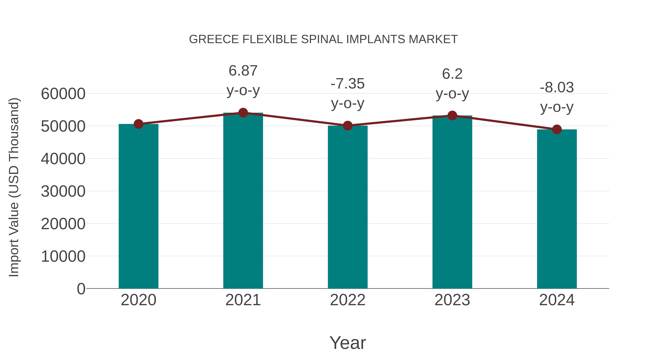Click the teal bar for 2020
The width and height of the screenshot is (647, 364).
click(138, 206)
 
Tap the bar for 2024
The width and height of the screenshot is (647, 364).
click(557, 209)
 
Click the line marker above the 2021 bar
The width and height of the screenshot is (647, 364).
click(243, 113)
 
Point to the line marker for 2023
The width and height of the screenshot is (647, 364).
click(452, 116)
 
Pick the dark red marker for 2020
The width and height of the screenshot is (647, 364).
click(138, 124)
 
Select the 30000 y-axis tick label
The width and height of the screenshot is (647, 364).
click(63, 191)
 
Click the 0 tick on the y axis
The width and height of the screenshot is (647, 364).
click(81, 289)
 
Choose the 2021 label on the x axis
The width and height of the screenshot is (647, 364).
click(243, 300)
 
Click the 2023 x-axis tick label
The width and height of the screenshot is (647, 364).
click(452, 300)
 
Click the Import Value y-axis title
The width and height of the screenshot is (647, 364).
click(14, 187)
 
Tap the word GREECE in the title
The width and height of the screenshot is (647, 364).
click(214, 39)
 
